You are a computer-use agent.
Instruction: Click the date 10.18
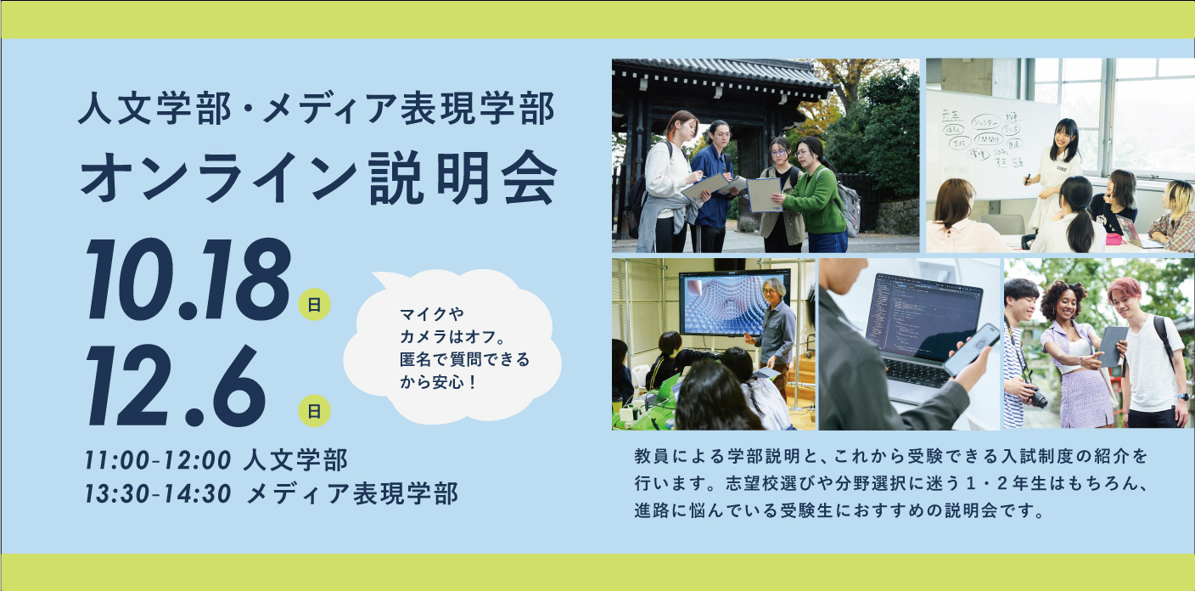pyautogui.click(x=188, y=279)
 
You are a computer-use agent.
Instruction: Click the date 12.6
pyautogui.click(x=176, y=385)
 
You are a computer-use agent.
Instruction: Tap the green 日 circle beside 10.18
pyautogui.click(x=314, y=304)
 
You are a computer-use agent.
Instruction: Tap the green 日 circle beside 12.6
pyautogui.click(x=314, y=410)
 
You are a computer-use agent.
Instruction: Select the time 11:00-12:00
pyautogui.click(x=158, y=460)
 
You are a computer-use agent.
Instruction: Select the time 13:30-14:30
pyautogui.click(x=158, y=494)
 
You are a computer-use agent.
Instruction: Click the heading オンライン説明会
pyautogui.click(x=319, y=177)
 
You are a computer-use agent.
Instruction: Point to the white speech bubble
pyautogui.click(x=452, y=347)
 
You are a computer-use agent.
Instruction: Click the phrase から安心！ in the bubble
pyautogui.click(x=437, y=382)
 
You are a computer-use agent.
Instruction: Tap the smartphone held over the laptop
pyautogui.click(x=971, y=349)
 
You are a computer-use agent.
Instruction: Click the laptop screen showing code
pyautogui.click(x=922, y=314)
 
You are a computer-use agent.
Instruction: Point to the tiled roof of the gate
pyautogui.click(x=721, y=75)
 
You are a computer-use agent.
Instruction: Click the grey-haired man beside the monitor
pyautogui.click(x=777, y=336)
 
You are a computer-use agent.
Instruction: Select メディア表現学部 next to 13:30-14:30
pyautogui.click(x=353, y=494)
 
